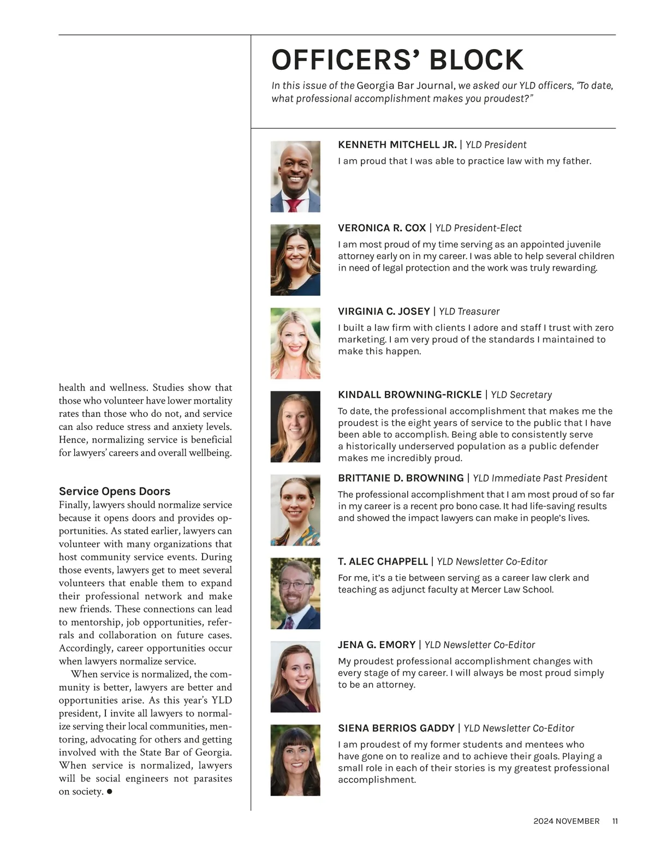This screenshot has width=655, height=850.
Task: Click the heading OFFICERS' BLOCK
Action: (397, 60)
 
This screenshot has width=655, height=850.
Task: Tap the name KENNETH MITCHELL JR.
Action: (397, 145)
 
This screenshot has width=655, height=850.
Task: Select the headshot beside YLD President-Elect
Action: (295, 260)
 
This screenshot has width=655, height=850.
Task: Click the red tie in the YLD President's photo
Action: (294, 205)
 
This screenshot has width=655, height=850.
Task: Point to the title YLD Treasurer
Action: (469, 312)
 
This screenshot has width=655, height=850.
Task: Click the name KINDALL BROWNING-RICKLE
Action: (409, 394)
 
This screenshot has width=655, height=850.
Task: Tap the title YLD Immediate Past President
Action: (539, 478)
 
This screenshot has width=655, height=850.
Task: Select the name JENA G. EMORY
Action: (376, 645)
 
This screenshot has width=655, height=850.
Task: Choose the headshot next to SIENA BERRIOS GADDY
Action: (295, 760)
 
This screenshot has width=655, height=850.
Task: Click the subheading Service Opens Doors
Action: (115, 491)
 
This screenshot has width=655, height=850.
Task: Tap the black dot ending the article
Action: (110, 791)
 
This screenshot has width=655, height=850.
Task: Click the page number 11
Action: (615, 821)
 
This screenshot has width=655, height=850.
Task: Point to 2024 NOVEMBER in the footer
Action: (566, 821)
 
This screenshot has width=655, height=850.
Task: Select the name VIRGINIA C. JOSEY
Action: (384, 312)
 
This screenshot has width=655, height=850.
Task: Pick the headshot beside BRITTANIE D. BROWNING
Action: (295, 510)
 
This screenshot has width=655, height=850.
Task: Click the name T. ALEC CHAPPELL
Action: (383, 561)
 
